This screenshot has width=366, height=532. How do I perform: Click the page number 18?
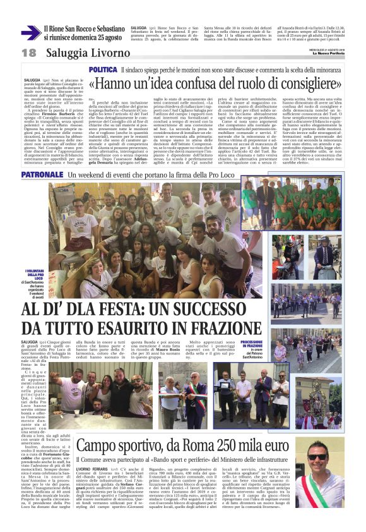pyautogui.click(x=28, y=52)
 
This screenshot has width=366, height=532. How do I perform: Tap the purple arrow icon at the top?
pyautogui.click(x=30, y=33)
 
